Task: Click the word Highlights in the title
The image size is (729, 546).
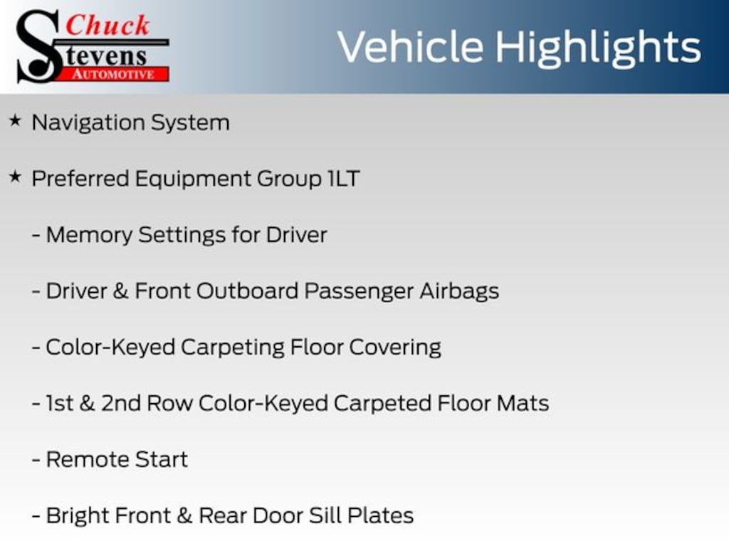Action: pyautogui.click(x=598, y=47)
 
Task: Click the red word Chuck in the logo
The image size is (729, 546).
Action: pyautogui.click(x=107, y=25)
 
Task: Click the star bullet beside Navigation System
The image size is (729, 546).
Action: pyautogui.click(x=15, y=122)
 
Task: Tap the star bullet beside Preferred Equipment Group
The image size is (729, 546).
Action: pyautogui.click(x=15, y=177)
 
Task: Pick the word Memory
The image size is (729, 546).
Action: pyautogui.click(x=89, y=235)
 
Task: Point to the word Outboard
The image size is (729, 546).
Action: pyautogui.click(x=248, y=291)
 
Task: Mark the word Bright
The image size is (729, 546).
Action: pyautogui.click(x=75, y=515)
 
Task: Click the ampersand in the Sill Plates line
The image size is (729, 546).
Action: pyautogui.click(x=185, y=515)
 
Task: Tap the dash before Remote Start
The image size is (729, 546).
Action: pyautogui.click(x=36, y=460)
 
